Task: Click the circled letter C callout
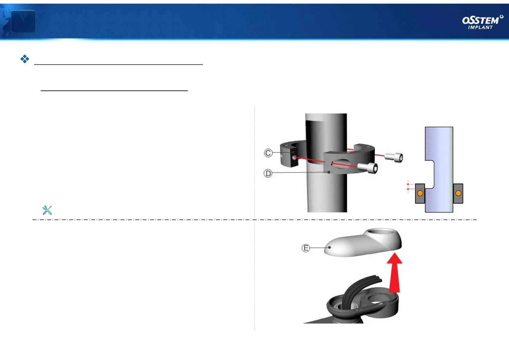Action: pos(268,153)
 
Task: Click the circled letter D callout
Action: pos(268,174)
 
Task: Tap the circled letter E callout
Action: pos(306,248)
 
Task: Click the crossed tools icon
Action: pos(47,210)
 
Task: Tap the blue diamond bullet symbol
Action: pos(25,59)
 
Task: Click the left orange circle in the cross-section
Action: pos(420,193)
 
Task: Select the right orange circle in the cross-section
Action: pos(458,193)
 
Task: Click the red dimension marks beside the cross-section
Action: pos(408,186)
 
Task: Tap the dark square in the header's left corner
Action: pos(23,21)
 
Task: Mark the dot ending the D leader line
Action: pos(329,172)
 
